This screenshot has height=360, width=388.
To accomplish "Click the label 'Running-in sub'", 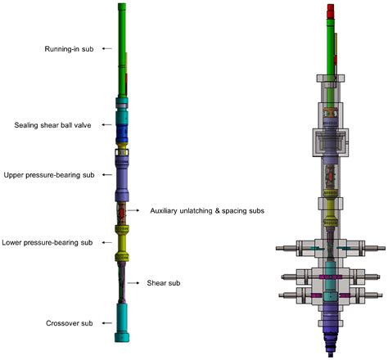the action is click(x=69, y=49).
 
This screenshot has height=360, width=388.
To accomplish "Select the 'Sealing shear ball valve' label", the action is click(x=52, y=125).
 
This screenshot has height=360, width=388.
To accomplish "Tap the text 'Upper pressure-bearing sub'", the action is click(x=49, y=175).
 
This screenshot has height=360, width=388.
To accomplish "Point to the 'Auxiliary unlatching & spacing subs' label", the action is click(x=207, y=211).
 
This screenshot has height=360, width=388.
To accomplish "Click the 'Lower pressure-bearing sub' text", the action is click(x=47, y=242).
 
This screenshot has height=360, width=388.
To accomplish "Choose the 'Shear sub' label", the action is click(x=164, y=283).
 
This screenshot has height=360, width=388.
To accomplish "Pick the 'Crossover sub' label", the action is click(x=70, y=323).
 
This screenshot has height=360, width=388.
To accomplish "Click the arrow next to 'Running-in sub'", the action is click(x=107, y=48).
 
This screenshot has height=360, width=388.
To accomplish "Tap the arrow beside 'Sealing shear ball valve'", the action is click(x=106, y=124).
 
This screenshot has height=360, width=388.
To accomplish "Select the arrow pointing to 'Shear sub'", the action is click(x=133, y=283).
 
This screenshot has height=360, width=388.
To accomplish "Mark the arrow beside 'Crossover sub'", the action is click(x=107, y=323).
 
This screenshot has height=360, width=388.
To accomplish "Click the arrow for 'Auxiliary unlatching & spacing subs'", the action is click(x=133, y=210).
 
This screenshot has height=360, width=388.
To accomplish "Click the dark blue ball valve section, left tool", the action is click(x=122, y=133).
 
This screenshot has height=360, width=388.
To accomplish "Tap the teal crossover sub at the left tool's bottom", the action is click(x=122, y=322).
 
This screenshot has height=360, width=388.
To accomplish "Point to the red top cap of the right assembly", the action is click(x=331, y=11).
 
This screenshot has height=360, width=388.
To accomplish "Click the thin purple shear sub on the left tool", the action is click(x=122, y=282).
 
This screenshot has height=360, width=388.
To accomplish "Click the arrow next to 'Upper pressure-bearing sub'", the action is click(x=107, y=174).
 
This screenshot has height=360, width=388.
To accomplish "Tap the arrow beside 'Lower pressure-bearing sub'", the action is click(x=106, y=242).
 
